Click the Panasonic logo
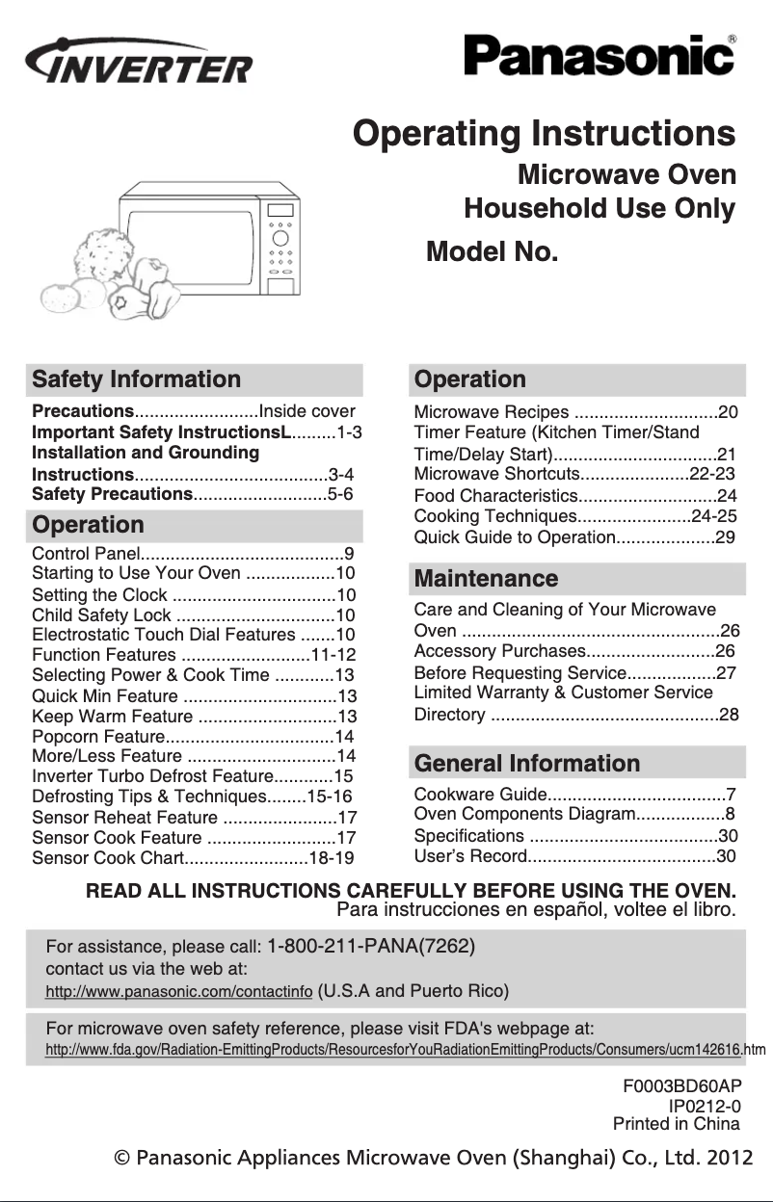pos(600,55)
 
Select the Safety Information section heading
pos(137,379)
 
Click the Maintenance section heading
pos(486,579)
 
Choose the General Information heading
pos(526,764)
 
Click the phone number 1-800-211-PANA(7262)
pos(371,945)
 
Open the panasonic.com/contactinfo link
pos(179,991)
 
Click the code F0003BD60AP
pos(681,1085)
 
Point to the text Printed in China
pos(676,1124)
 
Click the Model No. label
pos(492,252)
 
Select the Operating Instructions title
pos(545,133)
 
